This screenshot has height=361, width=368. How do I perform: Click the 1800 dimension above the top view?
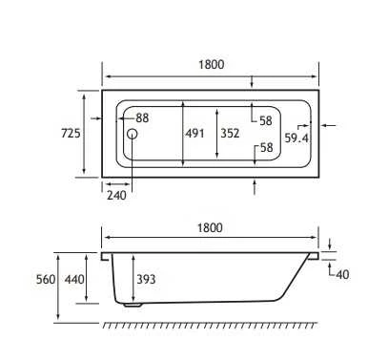pyautogui.click(x=212, y=65)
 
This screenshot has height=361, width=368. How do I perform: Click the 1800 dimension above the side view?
pyautogui.click(x=210, y=228)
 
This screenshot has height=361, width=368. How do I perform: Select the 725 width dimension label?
pyautogui.click(x=71, y=133)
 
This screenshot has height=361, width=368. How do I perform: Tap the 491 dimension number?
pyautogui.click(x=194, y=133)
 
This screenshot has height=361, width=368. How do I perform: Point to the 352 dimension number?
pyautogui.click(x=230, y=133)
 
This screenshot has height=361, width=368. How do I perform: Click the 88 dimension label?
pyautogui.click(x=142, y=118)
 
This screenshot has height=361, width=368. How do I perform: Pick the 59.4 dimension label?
pyautogui.click(x=296, y=138)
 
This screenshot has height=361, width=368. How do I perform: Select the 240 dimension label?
pyautogui.click(x=116, y=195)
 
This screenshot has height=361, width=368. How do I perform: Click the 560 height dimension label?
pyautogui.click(x=46, y=280)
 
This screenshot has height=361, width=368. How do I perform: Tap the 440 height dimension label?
pyautogui.click(x=74, y=280)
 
